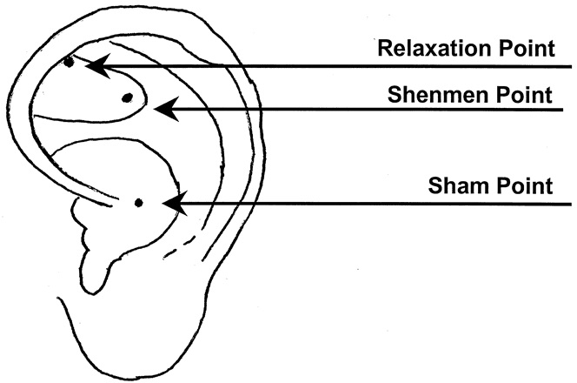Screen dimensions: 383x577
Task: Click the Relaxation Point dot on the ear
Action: click(x=69, y=62)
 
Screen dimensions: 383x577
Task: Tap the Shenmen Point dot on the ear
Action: click(x=127, y=97)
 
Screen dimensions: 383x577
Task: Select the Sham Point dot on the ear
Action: click(x=138, y=203)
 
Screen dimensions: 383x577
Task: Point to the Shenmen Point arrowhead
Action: click(x=163, y=109)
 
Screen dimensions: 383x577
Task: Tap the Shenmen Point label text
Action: click(x=470, y=93)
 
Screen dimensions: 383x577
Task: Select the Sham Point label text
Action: click(x=490, y=186)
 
